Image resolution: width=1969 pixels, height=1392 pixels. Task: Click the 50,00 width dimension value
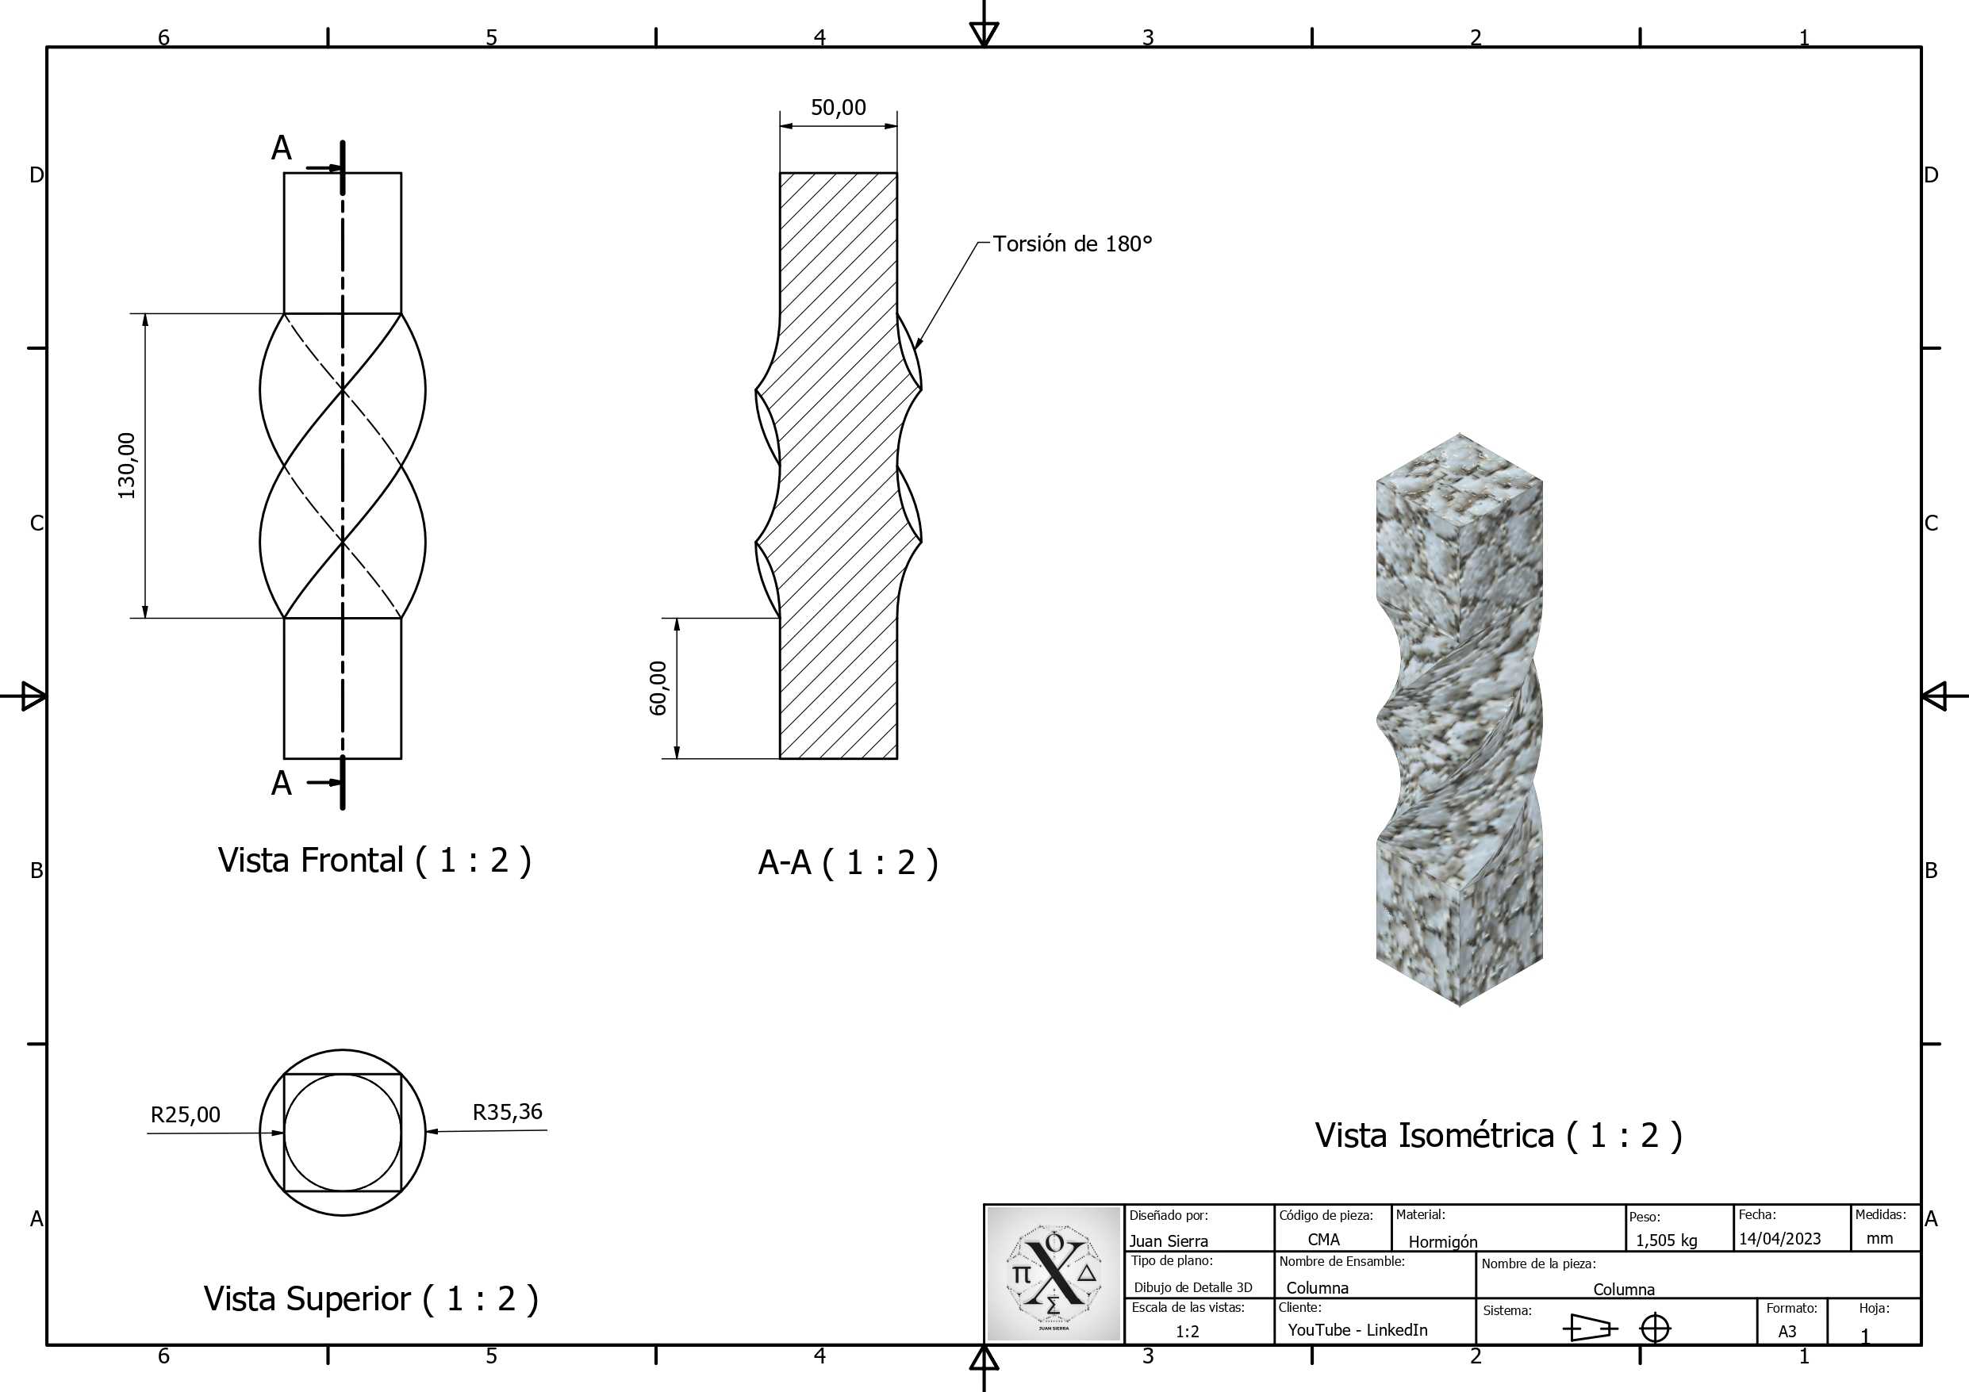[x=838, y=107]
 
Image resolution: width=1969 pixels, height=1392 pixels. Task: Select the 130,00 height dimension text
[x=127, y=466]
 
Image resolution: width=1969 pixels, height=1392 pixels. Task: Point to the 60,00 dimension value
[x=658, y=688]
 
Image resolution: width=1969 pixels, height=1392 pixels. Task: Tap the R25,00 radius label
[x=185, y=1114]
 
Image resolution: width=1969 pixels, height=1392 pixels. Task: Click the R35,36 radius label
[x=508, y=1111]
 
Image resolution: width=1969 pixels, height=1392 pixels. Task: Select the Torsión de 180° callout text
[x=1073, y=244]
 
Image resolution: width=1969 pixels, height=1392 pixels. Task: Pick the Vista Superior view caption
[x=370, y=1298]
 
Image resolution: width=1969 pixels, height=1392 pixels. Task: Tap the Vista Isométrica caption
[x=1499, y=1135]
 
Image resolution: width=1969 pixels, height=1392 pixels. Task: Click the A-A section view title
[x=848, y=862]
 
